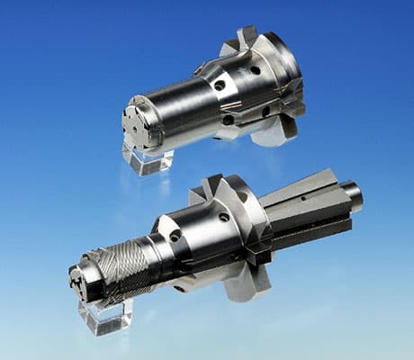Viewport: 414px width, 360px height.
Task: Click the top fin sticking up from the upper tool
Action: click(246, 37)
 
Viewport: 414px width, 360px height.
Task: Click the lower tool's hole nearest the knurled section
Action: click(175, 236)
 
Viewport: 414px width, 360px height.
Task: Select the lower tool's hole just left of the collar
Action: click(223, 217)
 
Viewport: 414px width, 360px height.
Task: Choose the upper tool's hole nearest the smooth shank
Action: click(219, 86)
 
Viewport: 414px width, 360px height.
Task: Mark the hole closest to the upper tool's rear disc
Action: click(255, 70)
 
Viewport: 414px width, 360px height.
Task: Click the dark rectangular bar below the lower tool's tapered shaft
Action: click(310, 236)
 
